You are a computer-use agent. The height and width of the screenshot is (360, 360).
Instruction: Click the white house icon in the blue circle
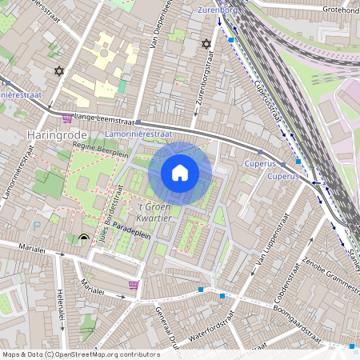[180, 173]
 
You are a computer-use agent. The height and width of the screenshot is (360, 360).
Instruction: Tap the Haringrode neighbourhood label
[56, 134]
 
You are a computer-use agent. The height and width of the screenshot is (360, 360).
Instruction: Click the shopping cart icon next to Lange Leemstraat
[67, 118]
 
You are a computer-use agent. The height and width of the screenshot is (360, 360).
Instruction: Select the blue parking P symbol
[38, 226]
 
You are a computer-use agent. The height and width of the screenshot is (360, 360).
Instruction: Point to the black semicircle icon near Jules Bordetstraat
[84, 238]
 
